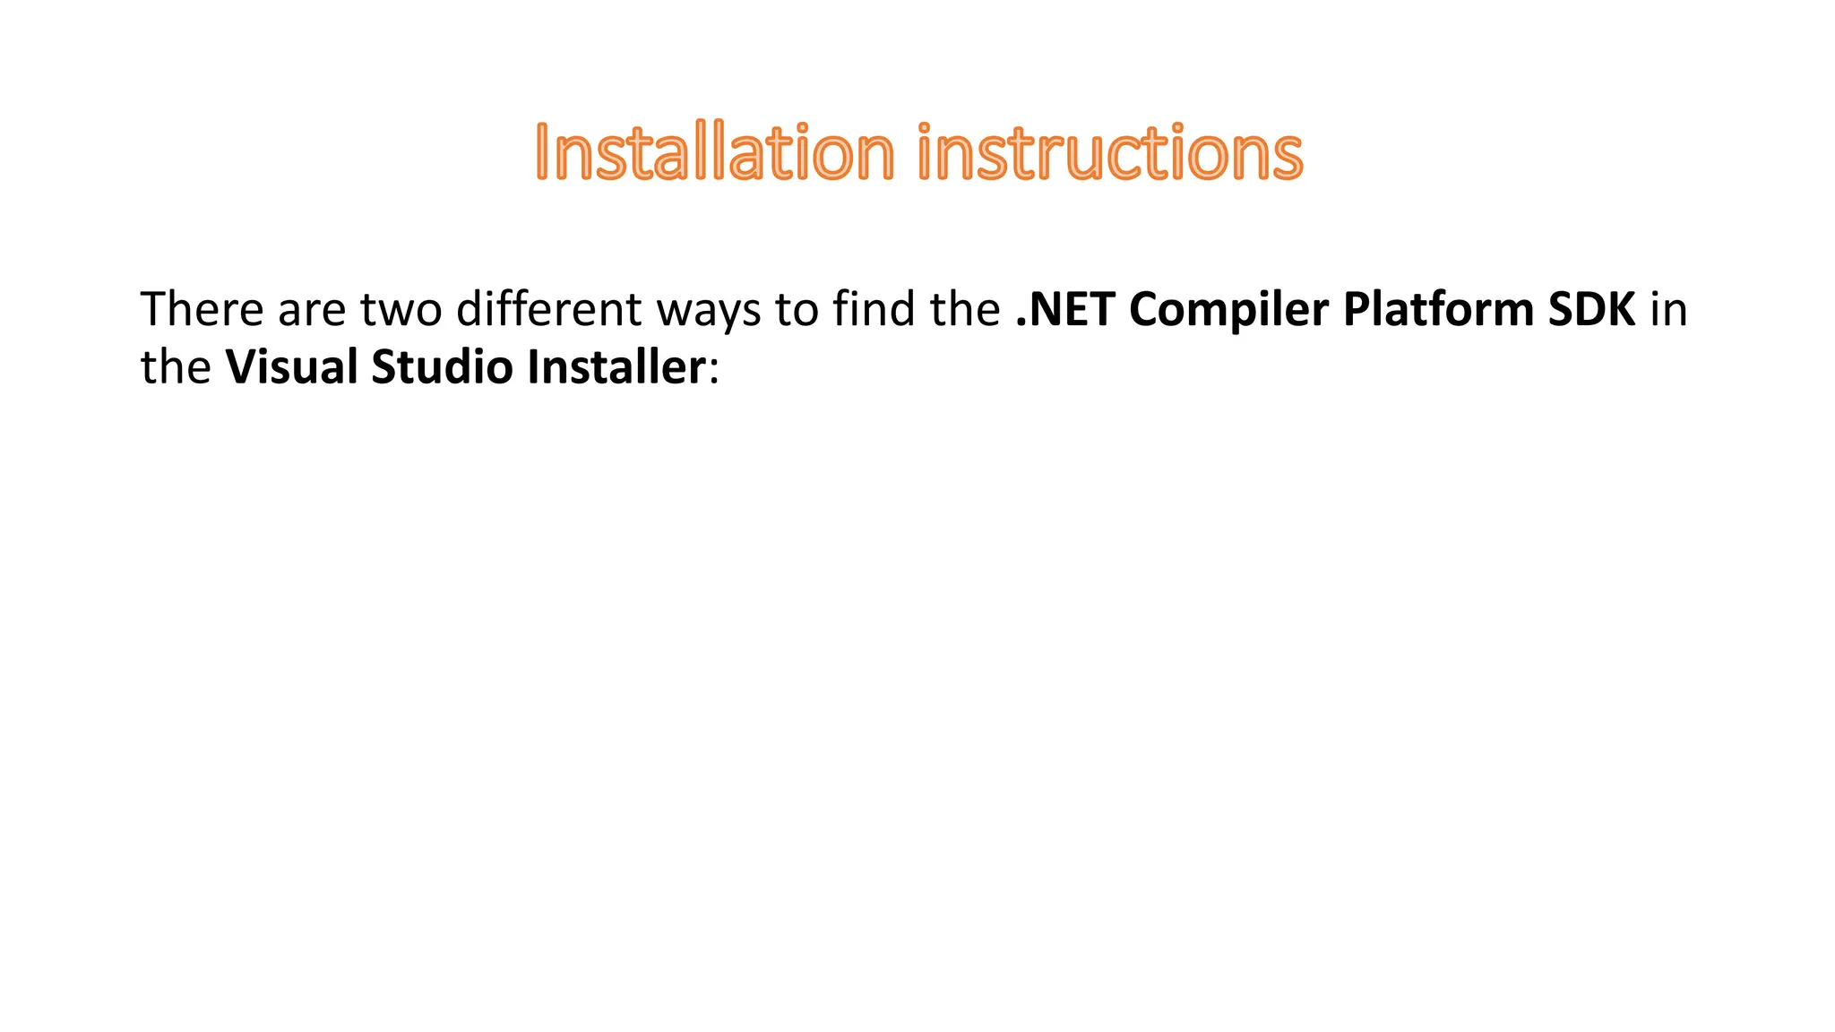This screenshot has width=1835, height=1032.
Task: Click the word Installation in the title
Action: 714,152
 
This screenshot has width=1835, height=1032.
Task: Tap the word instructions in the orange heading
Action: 1110,152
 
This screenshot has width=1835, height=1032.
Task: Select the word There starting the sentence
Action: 202,309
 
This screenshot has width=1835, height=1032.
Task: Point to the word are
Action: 312,309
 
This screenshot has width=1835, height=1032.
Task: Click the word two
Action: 401,309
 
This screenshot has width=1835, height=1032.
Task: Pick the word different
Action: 548,309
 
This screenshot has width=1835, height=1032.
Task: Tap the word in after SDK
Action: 1669,309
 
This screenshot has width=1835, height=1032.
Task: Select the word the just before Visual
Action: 176,367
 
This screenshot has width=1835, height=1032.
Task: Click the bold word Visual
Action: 291,367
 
